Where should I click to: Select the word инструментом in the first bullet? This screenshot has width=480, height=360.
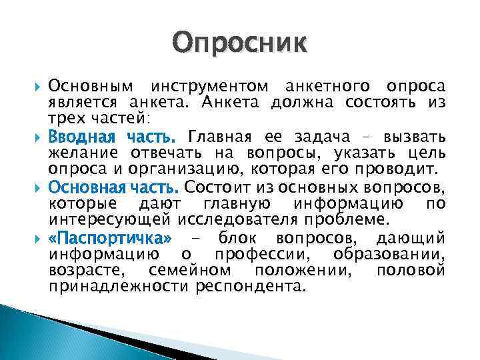209,87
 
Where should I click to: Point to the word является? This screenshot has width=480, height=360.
75,103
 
